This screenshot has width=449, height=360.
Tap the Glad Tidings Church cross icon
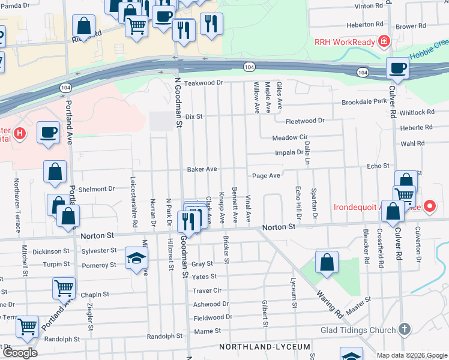click(405, 329)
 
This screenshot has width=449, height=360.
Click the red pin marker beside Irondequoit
click(429, 208)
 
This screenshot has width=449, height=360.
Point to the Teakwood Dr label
click(203, 83)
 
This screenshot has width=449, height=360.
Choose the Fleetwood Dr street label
click(304, 121)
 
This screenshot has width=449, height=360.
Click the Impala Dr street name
click(289, 152)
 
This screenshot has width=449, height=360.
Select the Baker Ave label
click(202, 170)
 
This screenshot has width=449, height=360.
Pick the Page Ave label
click(266, 176)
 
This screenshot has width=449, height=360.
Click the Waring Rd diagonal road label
click(330, 305)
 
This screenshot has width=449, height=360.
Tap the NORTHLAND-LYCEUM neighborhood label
click(264, 347)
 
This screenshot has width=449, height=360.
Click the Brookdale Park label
click(364, 103)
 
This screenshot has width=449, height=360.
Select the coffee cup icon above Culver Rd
click(397, 69)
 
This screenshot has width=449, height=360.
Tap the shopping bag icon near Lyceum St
click(326, 262)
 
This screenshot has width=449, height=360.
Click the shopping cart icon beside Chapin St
click(64, 288)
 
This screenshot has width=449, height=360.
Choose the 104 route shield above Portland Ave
click(65, 88)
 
